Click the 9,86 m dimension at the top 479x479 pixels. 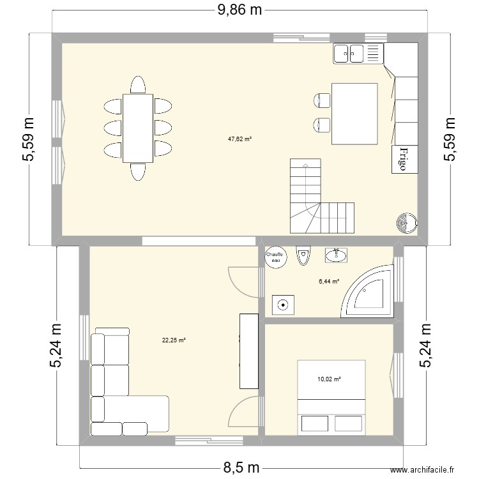(x=240, y=10)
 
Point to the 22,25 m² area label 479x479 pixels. (x=174, y=340)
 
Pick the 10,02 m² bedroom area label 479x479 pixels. (x=329, y=379)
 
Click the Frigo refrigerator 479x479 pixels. (x=403, y=159)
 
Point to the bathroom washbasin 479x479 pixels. (x=336, y=255)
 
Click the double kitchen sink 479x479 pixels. (x=356, y=53)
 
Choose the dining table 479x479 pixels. (x=138, y=128)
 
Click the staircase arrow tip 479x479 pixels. (x=306, y=165)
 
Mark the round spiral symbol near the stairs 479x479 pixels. (x=406, y=223)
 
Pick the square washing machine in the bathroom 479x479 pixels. (x=282, y=305)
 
